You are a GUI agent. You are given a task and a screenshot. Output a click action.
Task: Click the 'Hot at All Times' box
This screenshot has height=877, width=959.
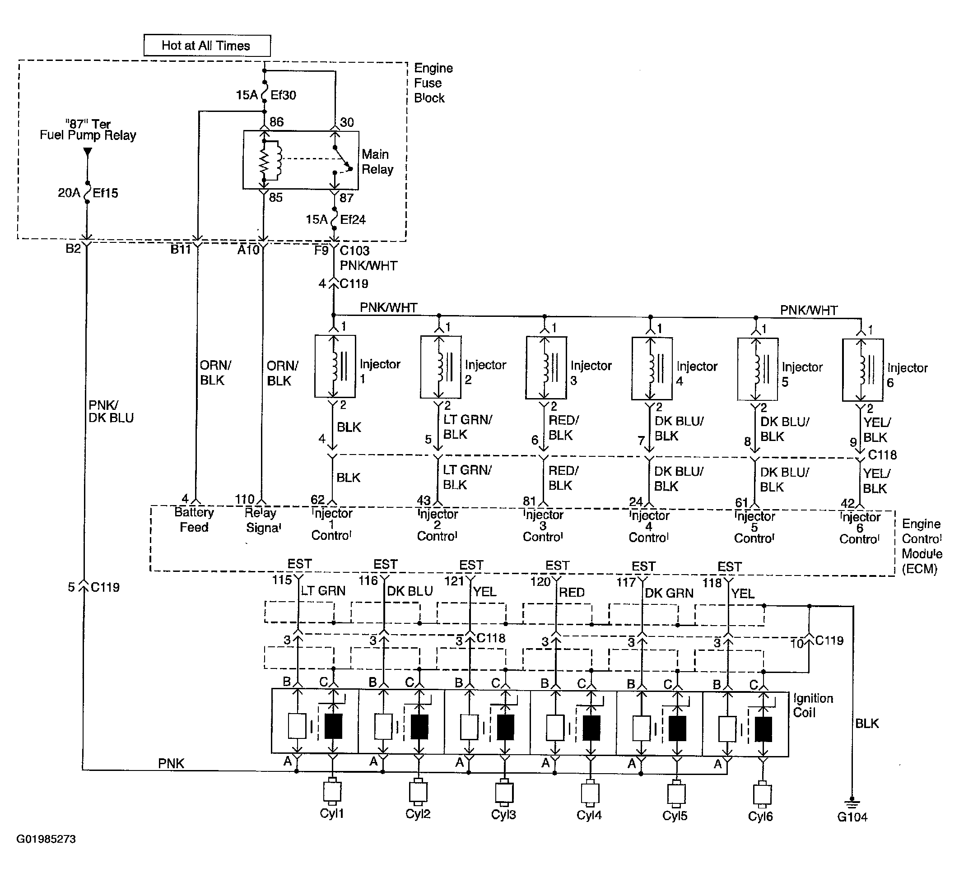point(207,46)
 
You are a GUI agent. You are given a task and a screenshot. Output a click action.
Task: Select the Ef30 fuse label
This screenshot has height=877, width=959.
point(283,95)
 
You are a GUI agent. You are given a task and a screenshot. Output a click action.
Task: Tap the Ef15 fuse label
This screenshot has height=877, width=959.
point(105,193)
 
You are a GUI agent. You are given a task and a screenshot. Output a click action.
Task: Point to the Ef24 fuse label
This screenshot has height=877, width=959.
point(353,220)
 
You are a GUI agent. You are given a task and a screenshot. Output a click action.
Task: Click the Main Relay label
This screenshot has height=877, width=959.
point(377,162)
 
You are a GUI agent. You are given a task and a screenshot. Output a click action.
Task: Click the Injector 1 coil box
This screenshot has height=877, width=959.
point(335,366)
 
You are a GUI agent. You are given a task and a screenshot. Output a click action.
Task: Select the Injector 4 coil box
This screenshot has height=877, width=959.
point(652,369)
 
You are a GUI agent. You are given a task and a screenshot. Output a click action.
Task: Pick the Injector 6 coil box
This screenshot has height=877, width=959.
point(862,370)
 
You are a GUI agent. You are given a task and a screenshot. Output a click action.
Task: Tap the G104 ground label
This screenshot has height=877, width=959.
point(852,817)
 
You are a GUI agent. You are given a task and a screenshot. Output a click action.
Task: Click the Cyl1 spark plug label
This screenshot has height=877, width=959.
point(331,813)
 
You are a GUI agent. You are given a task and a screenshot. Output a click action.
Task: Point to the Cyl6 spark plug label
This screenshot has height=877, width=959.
point(760,816)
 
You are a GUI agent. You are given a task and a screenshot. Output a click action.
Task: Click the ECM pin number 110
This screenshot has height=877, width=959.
point(245,499)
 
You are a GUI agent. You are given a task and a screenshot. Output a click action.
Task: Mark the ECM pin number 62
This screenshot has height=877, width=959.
point(317,500)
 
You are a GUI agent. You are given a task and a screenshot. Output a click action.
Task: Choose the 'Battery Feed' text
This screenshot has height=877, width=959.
point(194,520)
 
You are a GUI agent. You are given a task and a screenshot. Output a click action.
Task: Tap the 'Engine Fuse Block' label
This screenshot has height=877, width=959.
point(433,83)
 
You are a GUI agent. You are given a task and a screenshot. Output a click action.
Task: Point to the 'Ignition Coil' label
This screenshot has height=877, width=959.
point(813,705)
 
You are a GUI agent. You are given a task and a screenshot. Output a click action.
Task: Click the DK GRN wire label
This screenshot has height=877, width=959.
point(669,593)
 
